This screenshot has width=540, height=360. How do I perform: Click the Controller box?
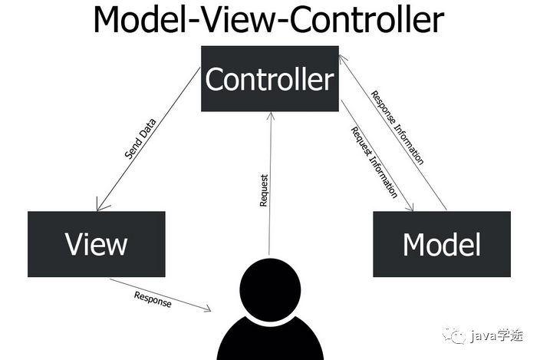(x=270, y=79)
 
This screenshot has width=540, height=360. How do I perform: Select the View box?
(x=96, y=244)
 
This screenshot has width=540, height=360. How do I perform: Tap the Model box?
(x=441, y=244)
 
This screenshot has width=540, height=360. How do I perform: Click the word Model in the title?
(x=137, y=21)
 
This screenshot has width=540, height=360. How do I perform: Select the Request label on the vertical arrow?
(x=264, y=191)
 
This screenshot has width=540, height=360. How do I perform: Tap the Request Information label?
(x=374, y=161)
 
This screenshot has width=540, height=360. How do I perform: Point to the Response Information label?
(x=397, y=127)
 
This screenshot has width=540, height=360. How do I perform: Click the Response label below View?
(x=153, y=299)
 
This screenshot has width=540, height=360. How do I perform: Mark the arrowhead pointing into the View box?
(x=98, y=206)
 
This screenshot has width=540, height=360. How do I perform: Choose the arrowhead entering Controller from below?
(x=270, y=116)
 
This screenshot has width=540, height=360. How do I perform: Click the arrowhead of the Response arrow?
(x=207, y=309)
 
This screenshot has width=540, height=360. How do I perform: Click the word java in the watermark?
(x=483, y=335)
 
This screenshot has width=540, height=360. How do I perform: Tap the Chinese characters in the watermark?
(x=512, y=335)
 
